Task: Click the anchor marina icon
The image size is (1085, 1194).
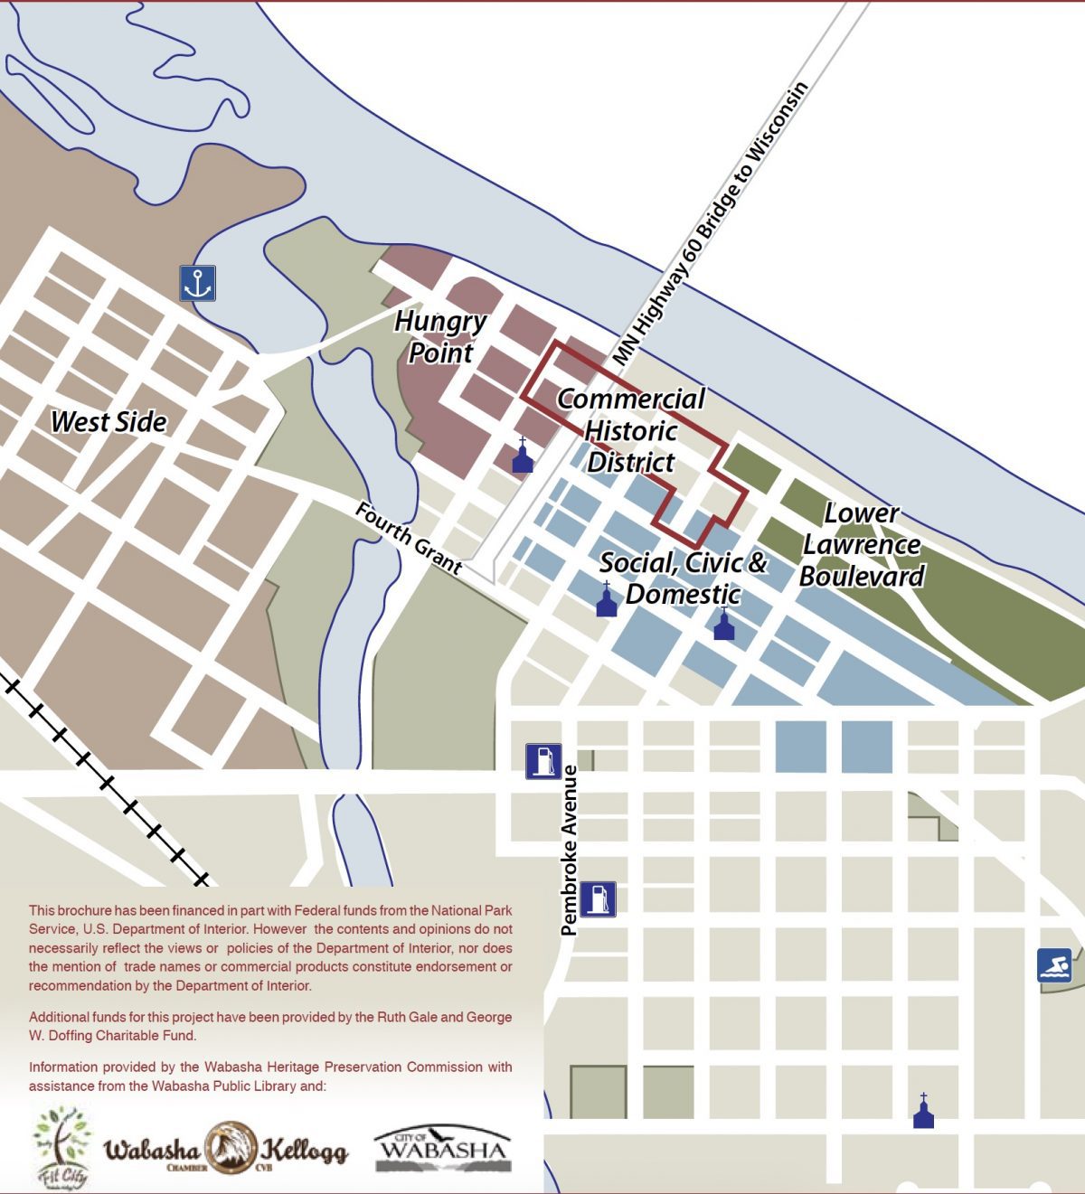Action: point(197,283)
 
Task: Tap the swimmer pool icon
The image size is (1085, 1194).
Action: point(1054,965)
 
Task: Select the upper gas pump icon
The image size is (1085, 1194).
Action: point(543,761)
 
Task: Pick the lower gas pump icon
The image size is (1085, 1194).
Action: point(598,899)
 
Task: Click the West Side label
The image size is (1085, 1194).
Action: point(108,422)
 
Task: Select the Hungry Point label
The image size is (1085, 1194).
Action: point(440,337)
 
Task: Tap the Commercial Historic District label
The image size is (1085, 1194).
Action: point(631,430)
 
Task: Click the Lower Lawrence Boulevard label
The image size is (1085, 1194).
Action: point(862,545)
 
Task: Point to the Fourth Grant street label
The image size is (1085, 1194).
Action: point(409,539)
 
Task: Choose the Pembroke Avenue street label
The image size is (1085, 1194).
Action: point(569,850)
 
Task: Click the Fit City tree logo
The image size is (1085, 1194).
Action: point(62,1146)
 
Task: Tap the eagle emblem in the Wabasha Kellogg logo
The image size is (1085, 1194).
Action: point(227,1148)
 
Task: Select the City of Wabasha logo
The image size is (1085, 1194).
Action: point(442,1149)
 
